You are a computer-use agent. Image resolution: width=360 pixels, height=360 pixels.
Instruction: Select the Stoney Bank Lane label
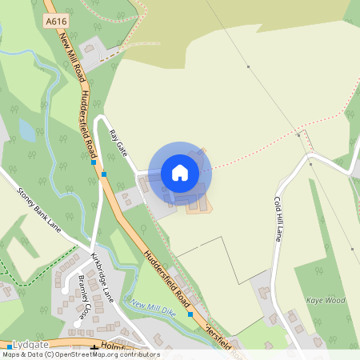39,212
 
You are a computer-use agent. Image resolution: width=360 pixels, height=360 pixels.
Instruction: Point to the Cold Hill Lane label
278,218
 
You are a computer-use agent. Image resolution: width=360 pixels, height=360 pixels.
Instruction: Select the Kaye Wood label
325,300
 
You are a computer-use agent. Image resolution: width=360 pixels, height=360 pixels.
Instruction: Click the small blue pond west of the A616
26,130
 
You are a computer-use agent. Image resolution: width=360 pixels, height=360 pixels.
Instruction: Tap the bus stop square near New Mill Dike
190,314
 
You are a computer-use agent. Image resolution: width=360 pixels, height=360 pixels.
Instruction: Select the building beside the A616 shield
89,49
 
